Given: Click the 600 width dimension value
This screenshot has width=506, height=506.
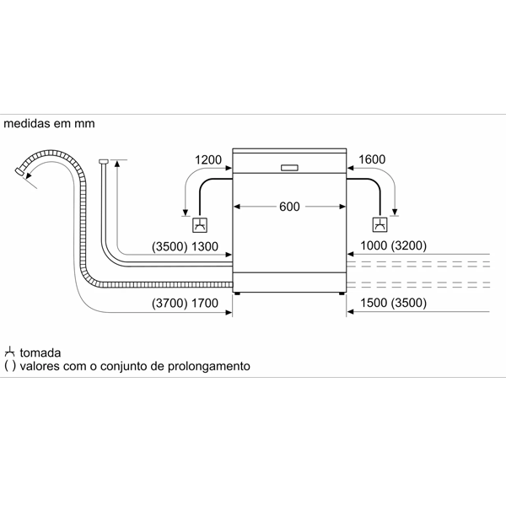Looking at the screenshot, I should tap(289, 207).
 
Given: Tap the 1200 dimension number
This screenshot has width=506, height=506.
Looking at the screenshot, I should tap(207, 159).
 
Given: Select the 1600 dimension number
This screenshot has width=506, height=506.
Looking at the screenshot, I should tap(371, 159).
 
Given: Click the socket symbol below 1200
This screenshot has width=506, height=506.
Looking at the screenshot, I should tap(200, 224).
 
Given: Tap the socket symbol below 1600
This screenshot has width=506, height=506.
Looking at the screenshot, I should tap(380, 224).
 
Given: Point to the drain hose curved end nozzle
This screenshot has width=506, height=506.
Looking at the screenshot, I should tap(21, 172).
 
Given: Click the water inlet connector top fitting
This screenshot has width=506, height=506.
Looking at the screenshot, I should tap(103, 160).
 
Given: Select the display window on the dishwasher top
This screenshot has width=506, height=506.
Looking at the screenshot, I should tap(289, 166).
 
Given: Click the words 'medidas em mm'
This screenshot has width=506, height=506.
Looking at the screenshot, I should tap(50, 123).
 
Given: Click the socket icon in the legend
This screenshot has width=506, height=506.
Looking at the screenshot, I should tap(10, 351).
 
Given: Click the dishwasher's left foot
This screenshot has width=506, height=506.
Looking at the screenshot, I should tap(237, 294).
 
